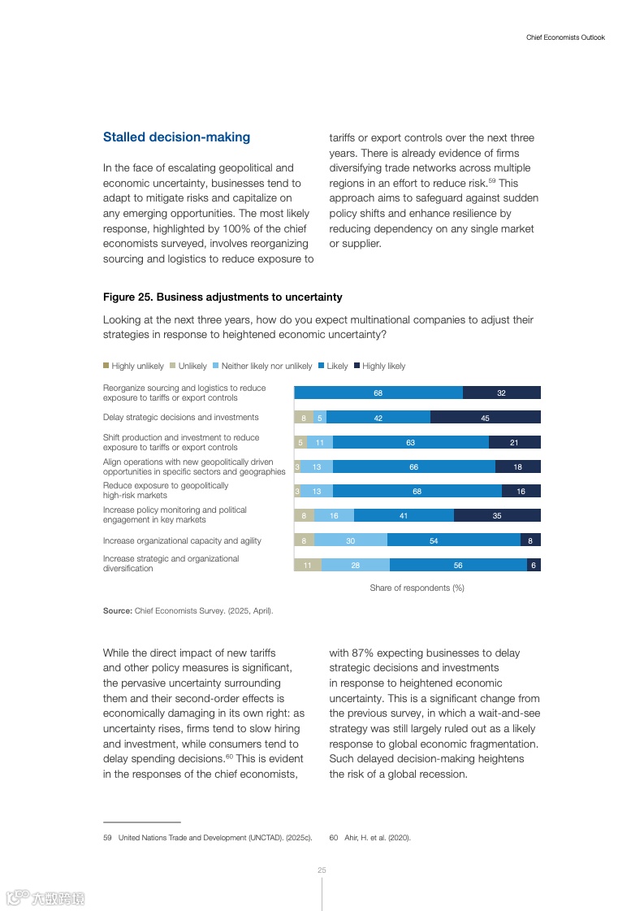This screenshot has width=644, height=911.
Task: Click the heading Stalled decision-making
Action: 176,137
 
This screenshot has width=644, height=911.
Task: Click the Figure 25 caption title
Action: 223,297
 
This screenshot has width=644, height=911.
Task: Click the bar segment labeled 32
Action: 501,393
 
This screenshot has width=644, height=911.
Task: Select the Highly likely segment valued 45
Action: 485,418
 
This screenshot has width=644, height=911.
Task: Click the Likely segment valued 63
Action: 411,442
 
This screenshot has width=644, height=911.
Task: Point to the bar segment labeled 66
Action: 413,466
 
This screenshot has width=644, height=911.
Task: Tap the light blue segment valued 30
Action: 350,540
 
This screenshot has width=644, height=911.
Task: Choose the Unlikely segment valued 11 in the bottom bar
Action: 308,565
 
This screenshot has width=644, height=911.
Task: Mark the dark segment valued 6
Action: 534,565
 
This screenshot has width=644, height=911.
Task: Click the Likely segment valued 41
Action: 404,515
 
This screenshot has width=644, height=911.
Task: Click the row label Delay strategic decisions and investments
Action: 180,418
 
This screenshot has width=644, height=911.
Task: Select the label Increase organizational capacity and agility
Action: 182,540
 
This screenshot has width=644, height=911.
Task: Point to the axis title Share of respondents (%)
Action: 417,588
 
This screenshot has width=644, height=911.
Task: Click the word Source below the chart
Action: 117,610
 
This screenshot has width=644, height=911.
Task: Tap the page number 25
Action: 322,870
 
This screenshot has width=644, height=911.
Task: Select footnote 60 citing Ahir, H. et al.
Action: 370,838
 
